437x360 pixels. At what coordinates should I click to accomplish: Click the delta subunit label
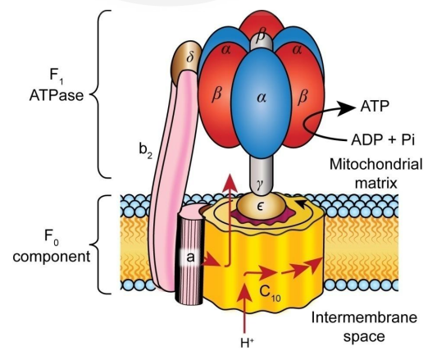coord(190,57)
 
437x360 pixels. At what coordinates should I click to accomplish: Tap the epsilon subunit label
coord(260,207)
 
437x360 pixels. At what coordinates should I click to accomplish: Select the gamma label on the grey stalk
coord(260,185)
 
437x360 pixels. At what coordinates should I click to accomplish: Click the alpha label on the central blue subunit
coord(262,98)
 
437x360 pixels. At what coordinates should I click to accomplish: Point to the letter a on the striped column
coord(190,257)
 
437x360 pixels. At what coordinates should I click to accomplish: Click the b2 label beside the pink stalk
coord(145,151)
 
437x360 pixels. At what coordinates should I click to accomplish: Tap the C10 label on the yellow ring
coord(270,293)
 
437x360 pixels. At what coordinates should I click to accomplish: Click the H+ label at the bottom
coord(247,343)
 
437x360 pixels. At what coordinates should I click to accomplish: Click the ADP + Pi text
coord(383,139)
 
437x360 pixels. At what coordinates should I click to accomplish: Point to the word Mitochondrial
coord(376,164)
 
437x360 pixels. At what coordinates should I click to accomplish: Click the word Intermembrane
coord(364,317)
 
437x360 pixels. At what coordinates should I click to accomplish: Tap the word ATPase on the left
coord(57,95)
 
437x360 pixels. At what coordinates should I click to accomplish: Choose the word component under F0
coord(52,257)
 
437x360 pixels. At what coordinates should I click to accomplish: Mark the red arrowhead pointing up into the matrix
coord(230,183)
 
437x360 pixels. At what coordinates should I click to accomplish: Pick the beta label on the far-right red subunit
coord(303,98)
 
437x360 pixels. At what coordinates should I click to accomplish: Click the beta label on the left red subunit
coord(216,95)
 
